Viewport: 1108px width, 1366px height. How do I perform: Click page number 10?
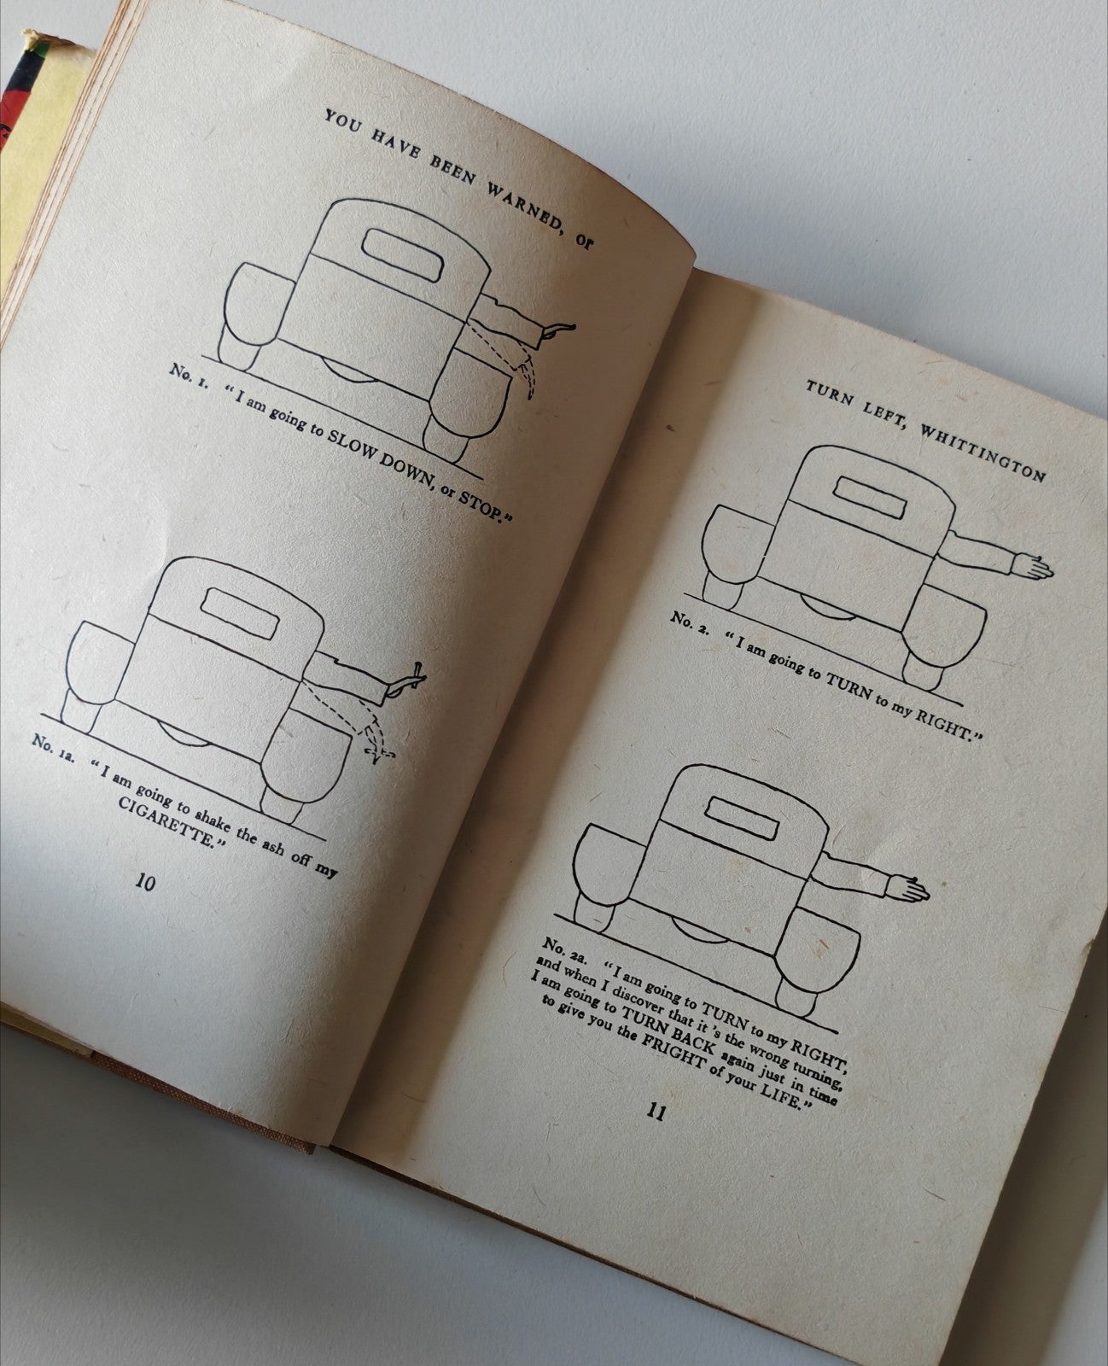pyautogui.click(x=145, y=883)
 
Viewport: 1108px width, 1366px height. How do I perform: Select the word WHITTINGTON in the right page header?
pyautogui.click(x=983, y=452)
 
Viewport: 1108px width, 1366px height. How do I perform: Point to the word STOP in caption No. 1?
pyautogui.click(x=480, y=506)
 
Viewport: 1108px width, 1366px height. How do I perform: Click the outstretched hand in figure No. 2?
pyautogui.click(x=1032, y=567)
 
